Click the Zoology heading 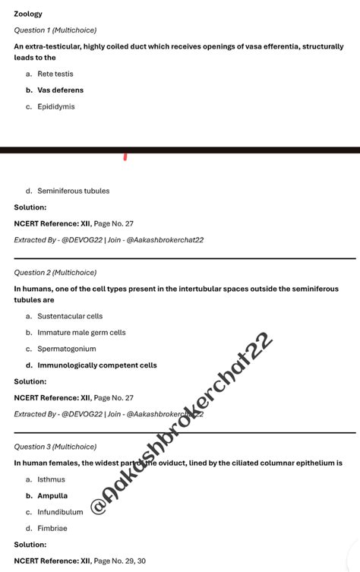tap(28, 14)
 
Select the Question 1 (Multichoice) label tap(55, 30)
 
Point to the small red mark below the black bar tap(125, 157)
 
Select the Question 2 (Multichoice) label tap(55, 272)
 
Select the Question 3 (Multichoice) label tap(55, 447)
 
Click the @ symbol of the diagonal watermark tap(99, 506)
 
